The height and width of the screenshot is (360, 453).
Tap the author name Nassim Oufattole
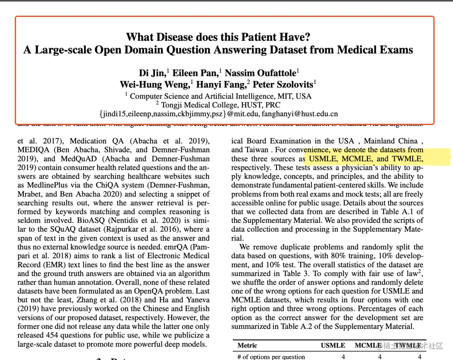(260, 73)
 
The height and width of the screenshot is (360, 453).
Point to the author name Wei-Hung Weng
(154, 84)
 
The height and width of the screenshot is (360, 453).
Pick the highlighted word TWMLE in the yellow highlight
(407, 159)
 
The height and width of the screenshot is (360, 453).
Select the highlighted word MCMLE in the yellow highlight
(357, 159)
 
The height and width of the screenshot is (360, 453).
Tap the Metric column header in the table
(247, 345)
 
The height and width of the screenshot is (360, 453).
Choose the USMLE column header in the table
(333, 345)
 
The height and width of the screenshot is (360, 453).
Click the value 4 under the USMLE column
(344, 357)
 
